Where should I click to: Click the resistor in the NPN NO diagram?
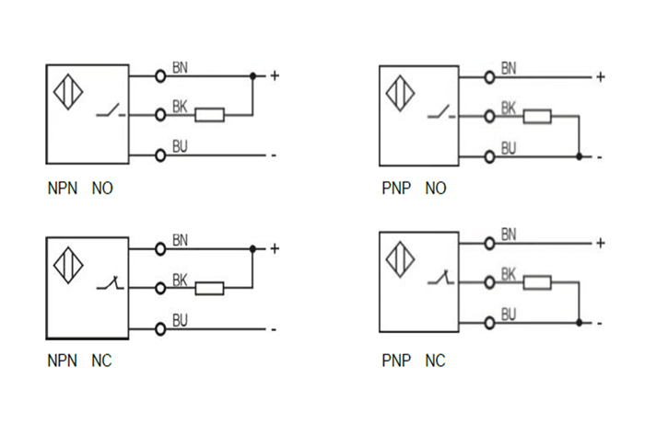tap(210, 115)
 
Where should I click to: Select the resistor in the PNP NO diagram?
tap(537, 116)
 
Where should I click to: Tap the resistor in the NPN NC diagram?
tap(210, 289)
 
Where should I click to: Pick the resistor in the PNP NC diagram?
tap(537, 282)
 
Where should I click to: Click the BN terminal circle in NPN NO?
tap(160, 74)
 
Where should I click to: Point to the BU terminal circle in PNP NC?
tap(488, 323)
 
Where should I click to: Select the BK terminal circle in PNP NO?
tap(488, 116)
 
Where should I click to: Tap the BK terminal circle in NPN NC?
tap(160, 289)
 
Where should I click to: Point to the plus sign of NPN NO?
tap(274, 74)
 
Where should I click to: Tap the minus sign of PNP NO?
tap(600, 157)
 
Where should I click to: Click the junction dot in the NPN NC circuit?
tap(252, 248)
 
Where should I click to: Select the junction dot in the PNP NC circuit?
tap(579, 323)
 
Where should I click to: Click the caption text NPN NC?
tap(79, 361)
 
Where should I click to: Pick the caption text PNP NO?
tap(414, 189)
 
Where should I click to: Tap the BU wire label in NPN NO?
tap(181, 147)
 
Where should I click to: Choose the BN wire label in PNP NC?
tap(509, 235)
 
